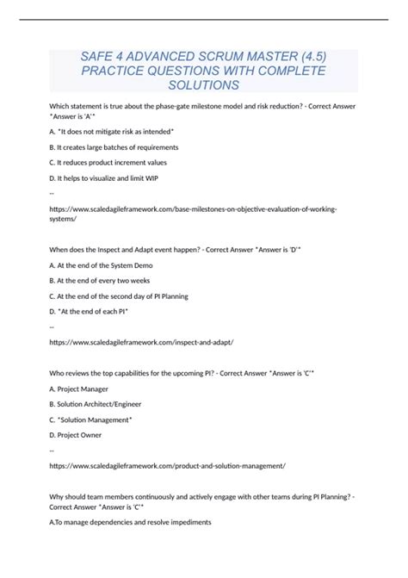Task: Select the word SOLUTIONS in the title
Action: [203, 86]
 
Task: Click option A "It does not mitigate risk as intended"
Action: [112, 131]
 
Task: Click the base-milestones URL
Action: [193, 209]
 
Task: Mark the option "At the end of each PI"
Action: [90, 311]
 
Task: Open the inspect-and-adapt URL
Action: [141, 342]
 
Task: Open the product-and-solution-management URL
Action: [167, 465]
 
